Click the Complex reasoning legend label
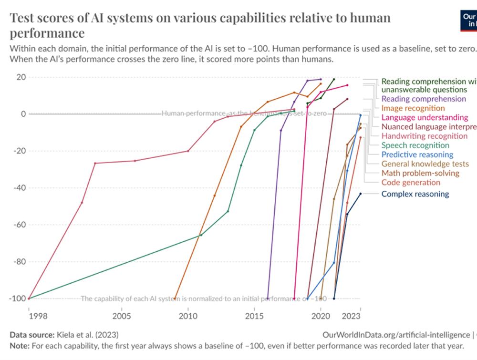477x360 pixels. [x=415, y=194]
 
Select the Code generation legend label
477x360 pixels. [x=411, y=183]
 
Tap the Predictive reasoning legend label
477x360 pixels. [x=417, y=154]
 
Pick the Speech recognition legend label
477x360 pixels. [x=415, y=145]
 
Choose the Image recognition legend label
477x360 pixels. [x=413, y=108]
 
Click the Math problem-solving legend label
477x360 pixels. [x=420, y=173]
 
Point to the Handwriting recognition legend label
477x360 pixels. [x=424, y=136]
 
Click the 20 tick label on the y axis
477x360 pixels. [x=21, y=77]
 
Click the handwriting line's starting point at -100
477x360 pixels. [x=29, y=298]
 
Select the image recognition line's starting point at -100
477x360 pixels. [x=175, y=298]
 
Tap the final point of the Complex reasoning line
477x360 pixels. [x=361, y=194]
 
